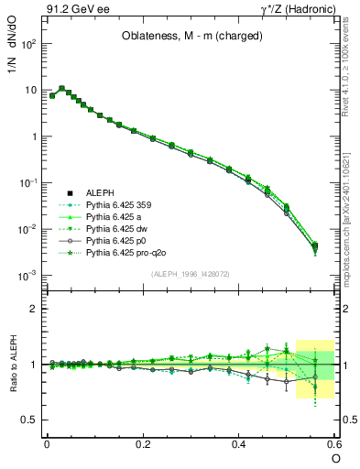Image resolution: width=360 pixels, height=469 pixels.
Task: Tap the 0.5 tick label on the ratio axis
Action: click(30, 420)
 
